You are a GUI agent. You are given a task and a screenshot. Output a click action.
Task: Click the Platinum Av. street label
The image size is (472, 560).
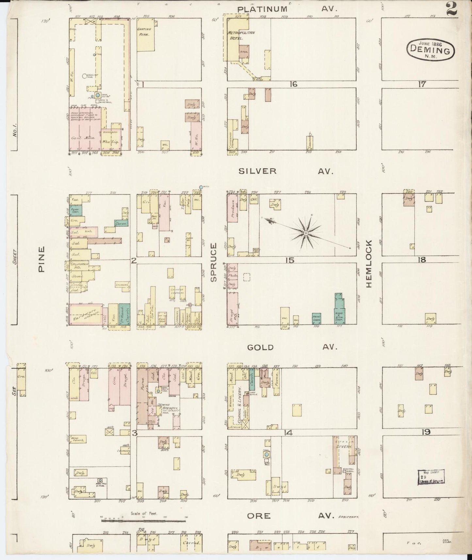[x=287, y=9]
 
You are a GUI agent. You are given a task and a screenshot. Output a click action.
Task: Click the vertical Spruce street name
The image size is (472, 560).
[x=214, y=262]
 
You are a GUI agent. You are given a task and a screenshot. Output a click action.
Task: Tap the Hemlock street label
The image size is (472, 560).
[x=369, y=263]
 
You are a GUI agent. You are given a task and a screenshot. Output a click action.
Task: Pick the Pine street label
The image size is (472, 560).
[x=41, y=259]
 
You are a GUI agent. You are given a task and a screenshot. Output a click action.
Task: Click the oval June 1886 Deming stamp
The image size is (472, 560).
[x=431, y=50]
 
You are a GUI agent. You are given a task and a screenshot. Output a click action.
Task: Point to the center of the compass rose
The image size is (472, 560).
[x=305, y=233]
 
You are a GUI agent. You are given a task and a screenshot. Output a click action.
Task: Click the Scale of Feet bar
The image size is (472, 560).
[x=144, y=521]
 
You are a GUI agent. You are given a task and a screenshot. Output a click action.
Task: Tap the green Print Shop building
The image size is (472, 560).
[x=316, y=319]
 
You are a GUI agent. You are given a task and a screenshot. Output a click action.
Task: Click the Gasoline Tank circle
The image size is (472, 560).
[x=84, y=76]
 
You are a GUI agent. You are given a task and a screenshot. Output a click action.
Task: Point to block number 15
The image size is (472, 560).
[x=289, y=260]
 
